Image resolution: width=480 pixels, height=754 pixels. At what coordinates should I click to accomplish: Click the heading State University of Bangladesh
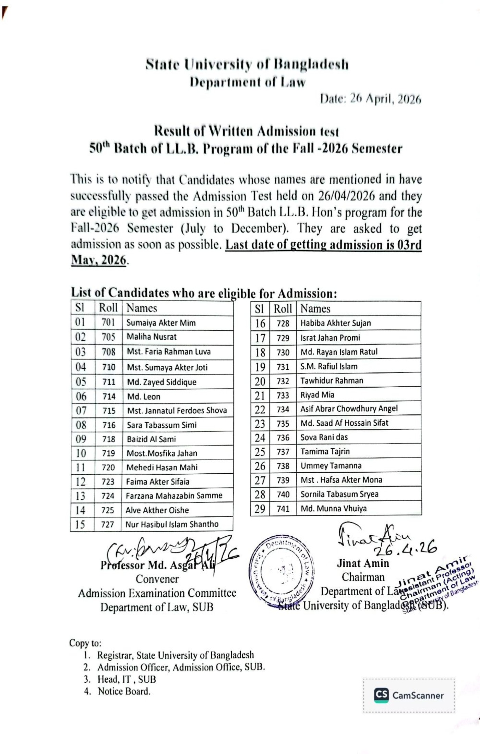pyautogui.click(x=247, y=64)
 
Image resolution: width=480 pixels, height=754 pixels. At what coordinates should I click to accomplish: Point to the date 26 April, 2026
pyautogui.click(x=370, y=99)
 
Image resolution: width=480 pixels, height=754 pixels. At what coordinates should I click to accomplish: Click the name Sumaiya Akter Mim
pyautogui.click(x=161, y=323)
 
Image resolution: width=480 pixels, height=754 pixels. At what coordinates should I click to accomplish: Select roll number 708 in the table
pyautogui.click(x=108, y=352)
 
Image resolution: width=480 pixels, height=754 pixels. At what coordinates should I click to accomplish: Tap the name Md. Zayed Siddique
pyautogui.click(x=161, y=382)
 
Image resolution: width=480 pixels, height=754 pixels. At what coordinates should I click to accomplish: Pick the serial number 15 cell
pyautogui.click(x=80, y=524)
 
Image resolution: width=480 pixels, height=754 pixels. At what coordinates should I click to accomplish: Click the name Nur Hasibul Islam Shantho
pyautogui.click(x=172, y=524)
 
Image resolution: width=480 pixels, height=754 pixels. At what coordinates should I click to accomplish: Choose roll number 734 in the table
pyautogui.click(x=283, y=409)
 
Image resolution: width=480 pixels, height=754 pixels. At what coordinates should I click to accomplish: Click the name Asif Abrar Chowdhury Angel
pyautogui.click(x=349, y=409)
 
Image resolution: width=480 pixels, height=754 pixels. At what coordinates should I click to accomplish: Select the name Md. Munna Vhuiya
pyautogui.click(x=333, y=509)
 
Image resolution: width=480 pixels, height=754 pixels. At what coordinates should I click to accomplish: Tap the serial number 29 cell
pyautogui.click(x=260, y=509)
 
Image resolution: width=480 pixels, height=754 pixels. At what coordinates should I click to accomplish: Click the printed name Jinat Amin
pyautogui.click(x=363, y=563)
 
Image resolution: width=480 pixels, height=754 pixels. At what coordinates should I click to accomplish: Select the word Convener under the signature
pyautogui.click(x=157, y=579)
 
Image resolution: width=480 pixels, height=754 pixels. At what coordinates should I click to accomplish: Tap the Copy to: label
pyautogui.click(x=85, y=643)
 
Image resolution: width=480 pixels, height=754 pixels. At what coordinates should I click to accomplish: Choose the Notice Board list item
pyautogui.click(x=124, y=691)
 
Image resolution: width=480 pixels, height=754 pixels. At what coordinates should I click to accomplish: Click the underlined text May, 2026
pyautogui.click(x=99, y=260)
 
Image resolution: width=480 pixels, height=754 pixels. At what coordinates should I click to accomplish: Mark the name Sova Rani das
pyautogui.click(x=324, y=437)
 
